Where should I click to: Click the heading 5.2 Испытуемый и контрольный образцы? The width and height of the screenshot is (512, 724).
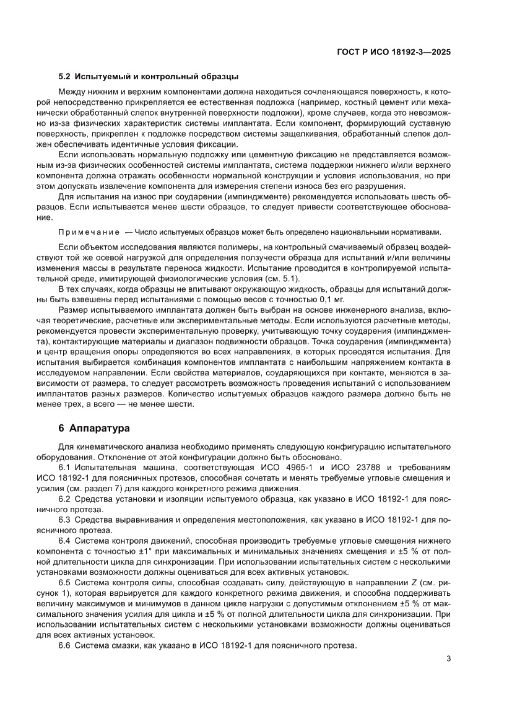point(148,77)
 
